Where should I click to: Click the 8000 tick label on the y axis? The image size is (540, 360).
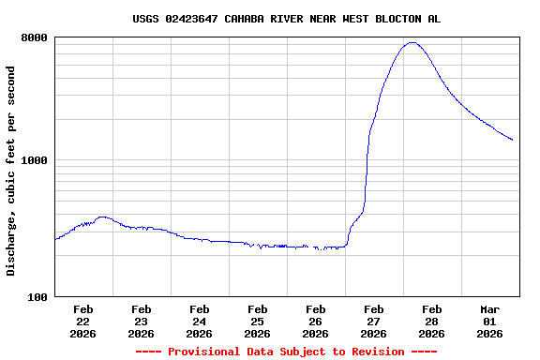tap(35, 37)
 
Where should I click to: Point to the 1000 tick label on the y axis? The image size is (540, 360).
tap(35, 160)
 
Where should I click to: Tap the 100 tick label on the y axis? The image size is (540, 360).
tap(37, 297)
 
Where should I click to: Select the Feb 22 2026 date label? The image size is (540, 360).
tap(82, 321)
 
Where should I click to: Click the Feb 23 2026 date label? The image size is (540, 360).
tap(141, 321)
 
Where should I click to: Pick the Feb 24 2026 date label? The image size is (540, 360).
tap(199, 321)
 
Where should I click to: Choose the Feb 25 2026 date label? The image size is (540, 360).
tap(257, 321)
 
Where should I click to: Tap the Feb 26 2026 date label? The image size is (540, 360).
tap(315, 321)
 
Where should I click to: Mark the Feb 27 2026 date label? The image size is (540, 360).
tap(373, 321)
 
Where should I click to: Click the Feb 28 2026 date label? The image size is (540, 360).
tap(431, 321)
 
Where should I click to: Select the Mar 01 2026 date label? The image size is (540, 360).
tap(489, 321)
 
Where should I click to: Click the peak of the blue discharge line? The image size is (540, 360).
tap(412, 42)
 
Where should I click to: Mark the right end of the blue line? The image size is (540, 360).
tap(513, 141)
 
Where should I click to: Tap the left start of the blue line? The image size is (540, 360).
tap(55, 240)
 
